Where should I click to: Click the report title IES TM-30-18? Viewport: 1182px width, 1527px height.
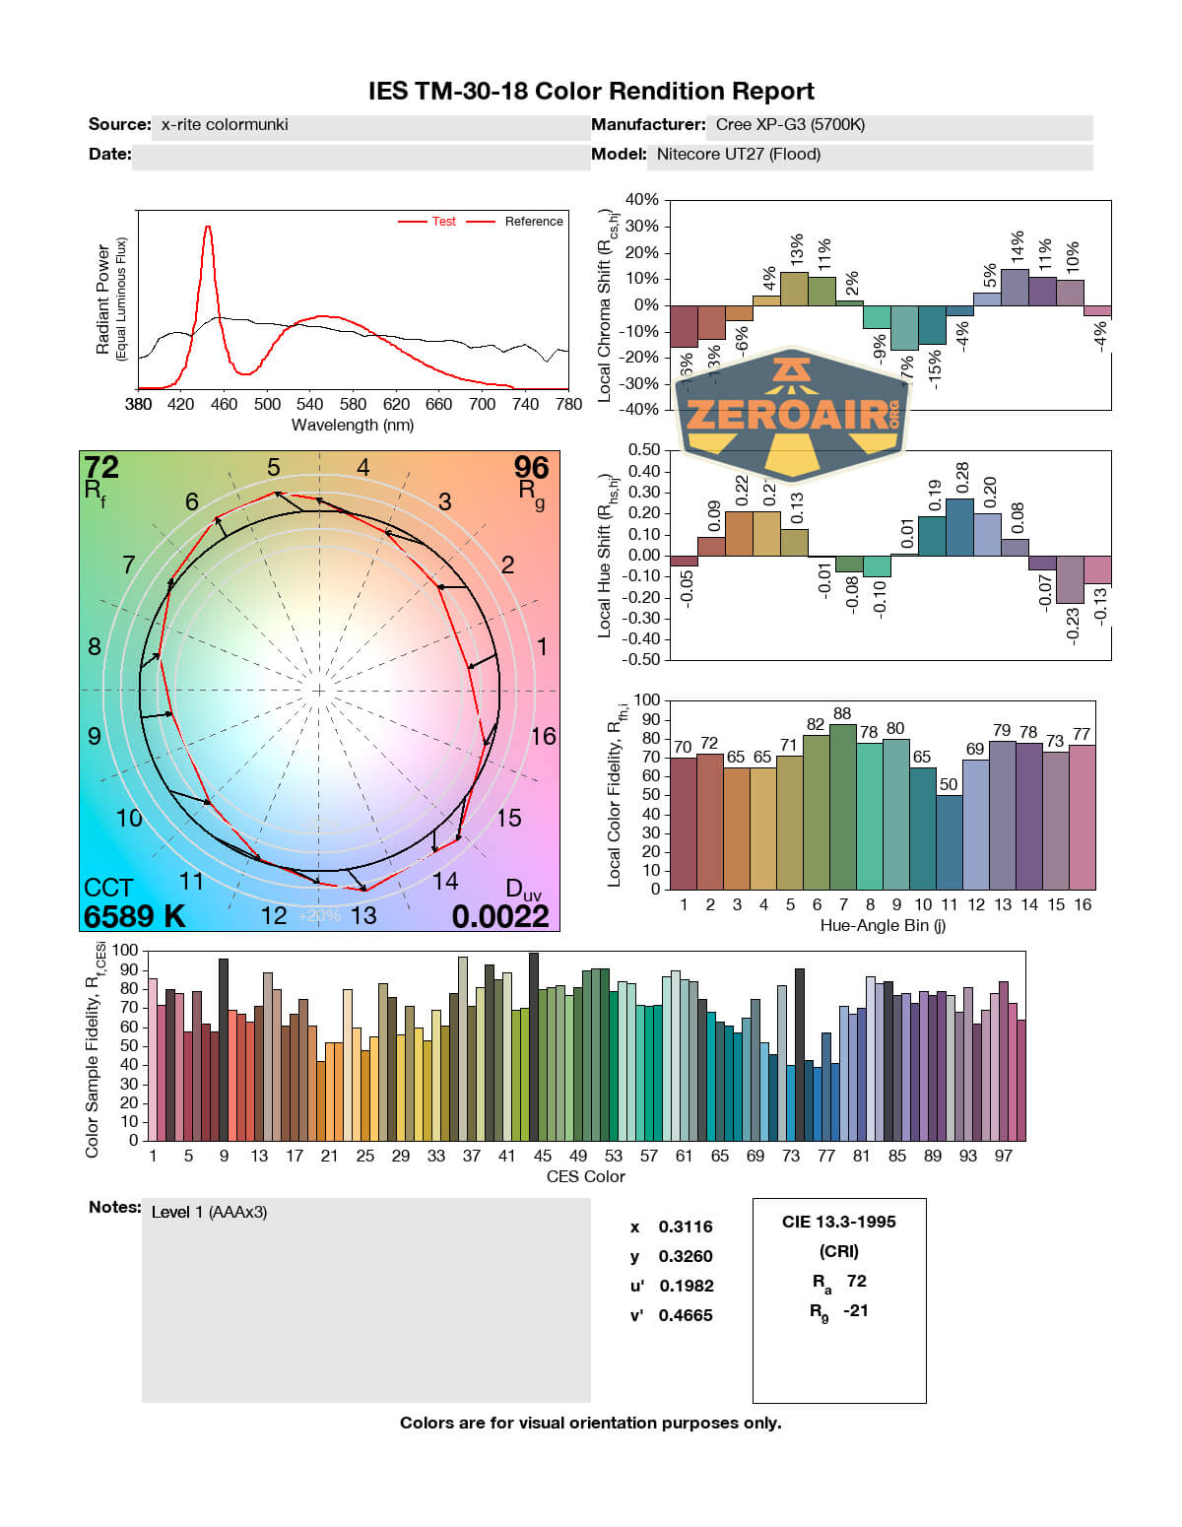coord(591,92)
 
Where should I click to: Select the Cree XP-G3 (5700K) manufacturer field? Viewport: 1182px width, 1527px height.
coord(790,125)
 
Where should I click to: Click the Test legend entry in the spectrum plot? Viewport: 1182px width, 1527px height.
coord(443,222)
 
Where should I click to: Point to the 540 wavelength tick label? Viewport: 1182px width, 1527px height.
coord(309,404)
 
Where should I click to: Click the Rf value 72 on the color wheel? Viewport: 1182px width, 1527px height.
coord(101,467)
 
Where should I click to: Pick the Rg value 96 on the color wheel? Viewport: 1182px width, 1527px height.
coord(531,467)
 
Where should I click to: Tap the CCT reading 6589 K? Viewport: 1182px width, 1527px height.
coord(134,916)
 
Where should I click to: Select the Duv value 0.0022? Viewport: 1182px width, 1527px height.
coord(500,916)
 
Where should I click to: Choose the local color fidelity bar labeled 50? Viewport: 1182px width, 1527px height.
coord(949,841)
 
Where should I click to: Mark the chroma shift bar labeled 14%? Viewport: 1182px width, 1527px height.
coord(1015,287)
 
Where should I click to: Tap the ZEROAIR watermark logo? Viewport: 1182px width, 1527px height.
coord(793,414)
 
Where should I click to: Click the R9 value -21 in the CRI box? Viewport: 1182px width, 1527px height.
coord(856,1311)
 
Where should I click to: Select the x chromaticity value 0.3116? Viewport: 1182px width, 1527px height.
coord(686,1228)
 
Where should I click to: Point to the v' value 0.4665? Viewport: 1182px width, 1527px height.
coord(686,1316)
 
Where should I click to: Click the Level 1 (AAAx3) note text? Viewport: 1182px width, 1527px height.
coord(209,1213)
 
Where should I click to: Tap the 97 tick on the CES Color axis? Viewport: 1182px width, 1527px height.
coord(1003,1157)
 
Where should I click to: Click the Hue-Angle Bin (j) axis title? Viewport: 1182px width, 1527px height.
coord(883,926)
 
